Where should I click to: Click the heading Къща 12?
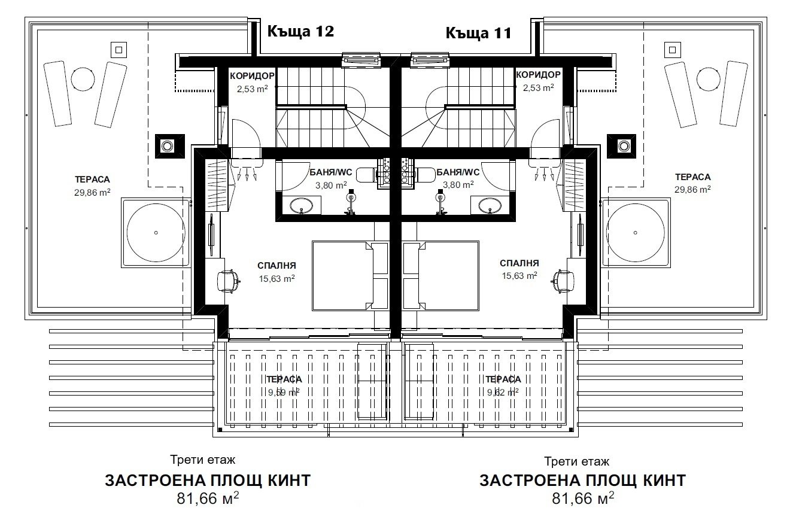coord(300,31)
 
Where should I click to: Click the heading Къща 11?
coord(478,32)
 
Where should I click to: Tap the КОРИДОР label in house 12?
coord(252,75)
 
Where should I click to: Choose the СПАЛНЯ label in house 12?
coord(276,265)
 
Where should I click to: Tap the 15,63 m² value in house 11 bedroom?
coord(519,276)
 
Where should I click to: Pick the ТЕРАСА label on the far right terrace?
coord(692,177)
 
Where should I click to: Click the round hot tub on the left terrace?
coord(156,232)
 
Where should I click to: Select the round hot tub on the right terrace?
coord(634,232)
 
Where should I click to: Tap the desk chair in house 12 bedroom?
coord(229,279)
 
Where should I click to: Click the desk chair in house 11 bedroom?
coord(563,279)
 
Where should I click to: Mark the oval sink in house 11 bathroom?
coord(491,206)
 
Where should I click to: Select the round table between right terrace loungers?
coord(708,78)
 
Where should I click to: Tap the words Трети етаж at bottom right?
coord(576,461)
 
